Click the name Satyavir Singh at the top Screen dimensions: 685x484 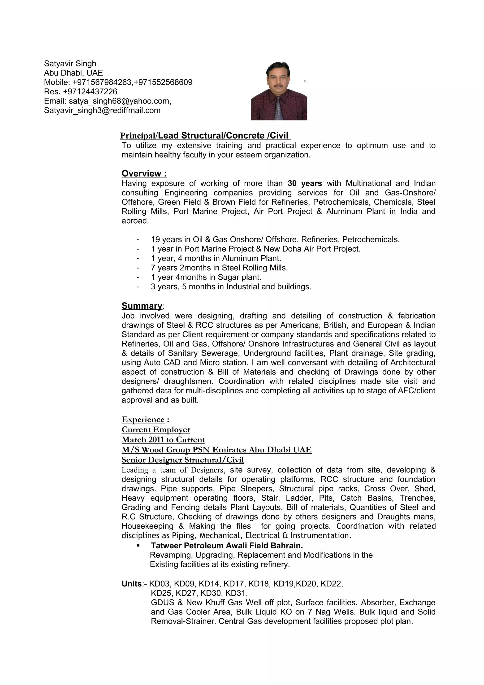70,64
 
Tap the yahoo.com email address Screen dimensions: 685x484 120,101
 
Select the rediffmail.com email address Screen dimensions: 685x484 102,110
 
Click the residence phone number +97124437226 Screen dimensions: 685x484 90,91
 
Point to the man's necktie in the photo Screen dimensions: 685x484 278,109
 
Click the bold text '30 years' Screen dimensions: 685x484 305,183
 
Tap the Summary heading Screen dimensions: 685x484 142,306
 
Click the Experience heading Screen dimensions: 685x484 143,420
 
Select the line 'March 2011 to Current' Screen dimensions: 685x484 163,440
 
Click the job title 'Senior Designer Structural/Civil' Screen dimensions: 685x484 182,460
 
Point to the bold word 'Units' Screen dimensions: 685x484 131,584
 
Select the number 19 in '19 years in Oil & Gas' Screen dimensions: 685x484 155,240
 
